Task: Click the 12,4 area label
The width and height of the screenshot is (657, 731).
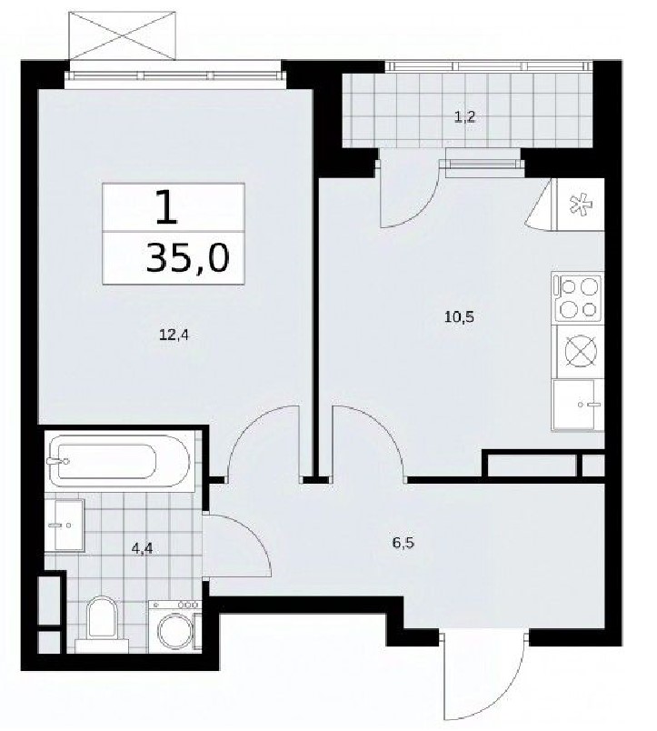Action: [174, 335]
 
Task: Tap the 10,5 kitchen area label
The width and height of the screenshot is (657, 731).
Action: [459, 317]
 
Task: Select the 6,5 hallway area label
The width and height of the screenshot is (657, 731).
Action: [403, 543]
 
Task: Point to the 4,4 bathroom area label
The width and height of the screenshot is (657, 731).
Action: [142, 549]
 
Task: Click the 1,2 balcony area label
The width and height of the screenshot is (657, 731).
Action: [464, 116]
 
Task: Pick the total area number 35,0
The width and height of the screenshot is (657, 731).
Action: [188, 259]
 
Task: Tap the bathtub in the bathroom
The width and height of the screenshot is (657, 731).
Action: [118, 462]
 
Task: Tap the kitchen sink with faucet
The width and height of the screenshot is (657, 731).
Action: [578, 405]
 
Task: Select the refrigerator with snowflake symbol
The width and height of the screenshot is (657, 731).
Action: [578, 205]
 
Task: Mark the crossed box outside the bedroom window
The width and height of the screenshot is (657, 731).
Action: [123, 35]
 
